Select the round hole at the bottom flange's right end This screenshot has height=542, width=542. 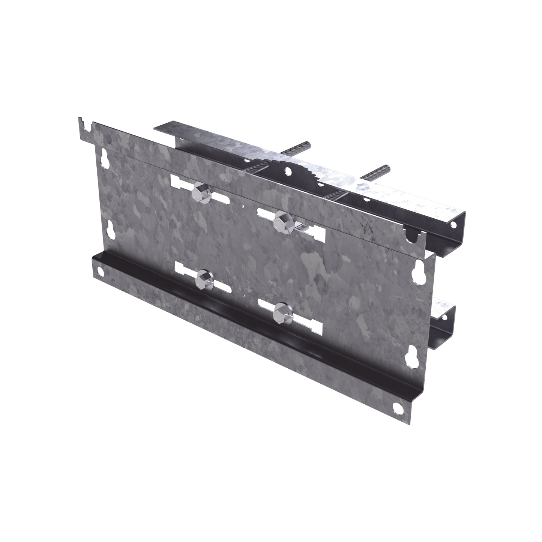(x=396, y=407)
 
